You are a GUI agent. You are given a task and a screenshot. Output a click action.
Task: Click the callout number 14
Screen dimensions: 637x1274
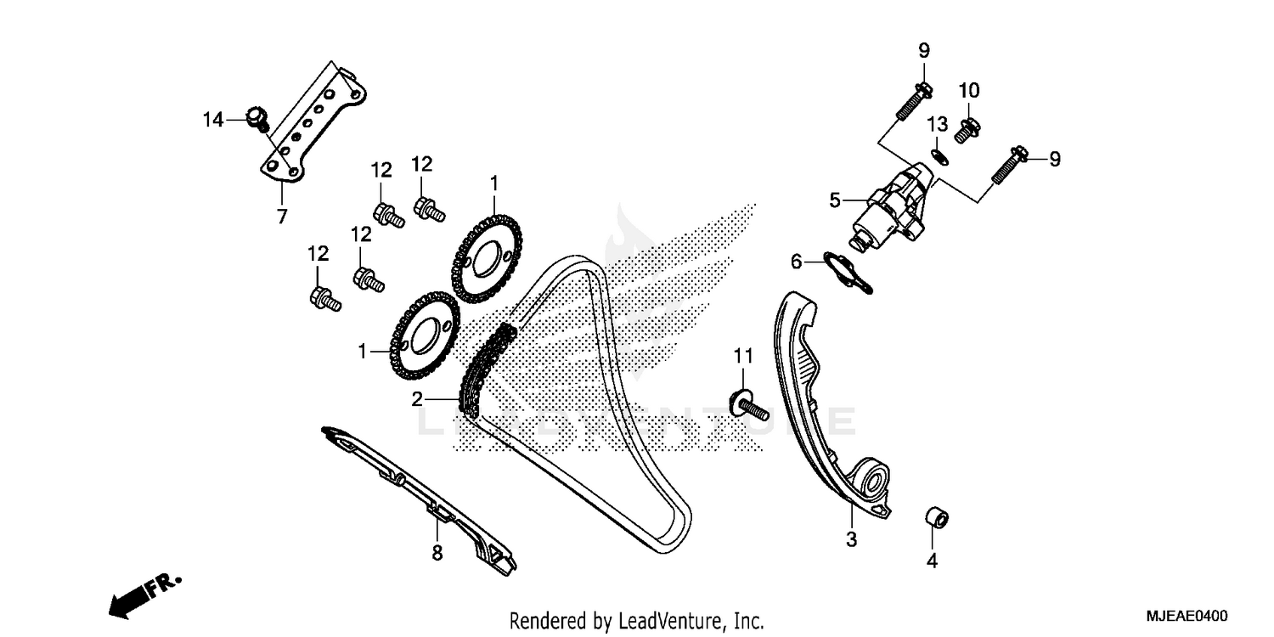(x=212, y=120)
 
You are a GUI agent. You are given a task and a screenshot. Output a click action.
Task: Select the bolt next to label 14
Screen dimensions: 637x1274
(x=256, y=118)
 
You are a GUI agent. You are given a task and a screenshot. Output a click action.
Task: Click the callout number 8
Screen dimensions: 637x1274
(x=437, y=553)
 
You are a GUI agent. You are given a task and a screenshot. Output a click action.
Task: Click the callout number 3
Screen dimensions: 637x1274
(x=851, y=538)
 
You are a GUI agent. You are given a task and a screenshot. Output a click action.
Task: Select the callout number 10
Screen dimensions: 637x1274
(x=969, y=90)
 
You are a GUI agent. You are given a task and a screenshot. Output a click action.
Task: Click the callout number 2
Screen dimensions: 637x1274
(x=417, y=399)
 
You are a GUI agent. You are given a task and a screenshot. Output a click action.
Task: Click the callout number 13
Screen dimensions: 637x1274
(x=936, y=124)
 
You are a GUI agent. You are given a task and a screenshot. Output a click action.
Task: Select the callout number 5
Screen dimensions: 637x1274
(x=835, y=200)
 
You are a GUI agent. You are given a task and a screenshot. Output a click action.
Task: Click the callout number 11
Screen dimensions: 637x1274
(x=744, y=355)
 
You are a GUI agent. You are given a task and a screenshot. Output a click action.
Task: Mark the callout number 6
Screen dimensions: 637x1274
(x=796, y=262)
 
